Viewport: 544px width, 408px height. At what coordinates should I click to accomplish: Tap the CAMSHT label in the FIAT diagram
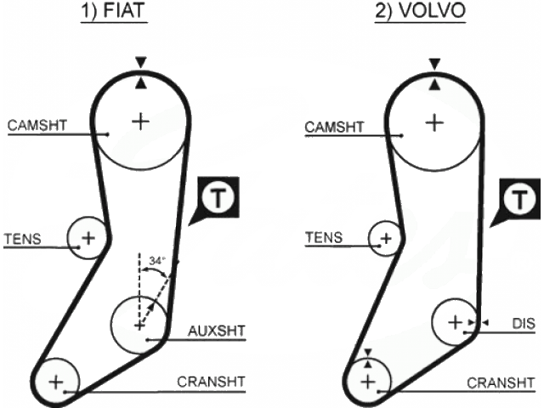click(x=37, y=126)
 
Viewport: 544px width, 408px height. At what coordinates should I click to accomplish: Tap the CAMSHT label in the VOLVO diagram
click(x=334, y=127)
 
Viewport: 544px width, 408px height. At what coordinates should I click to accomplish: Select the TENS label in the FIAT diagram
click(x=22, y=238)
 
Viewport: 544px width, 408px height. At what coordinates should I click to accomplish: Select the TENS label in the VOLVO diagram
click(x=324, y=238)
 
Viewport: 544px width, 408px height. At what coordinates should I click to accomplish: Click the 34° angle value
click(x=156, y=260)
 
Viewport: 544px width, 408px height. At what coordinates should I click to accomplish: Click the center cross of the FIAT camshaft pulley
click(x=139, y=122)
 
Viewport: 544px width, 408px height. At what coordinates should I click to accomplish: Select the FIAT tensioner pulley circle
click(x=88, y=236)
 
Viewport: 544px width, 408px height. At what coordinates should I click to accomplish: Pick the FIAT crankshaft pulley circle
click(x=56, y=381)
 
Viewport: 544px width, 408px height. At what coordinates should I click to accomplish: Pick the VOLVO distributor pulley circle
click(x=456, y=322)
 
